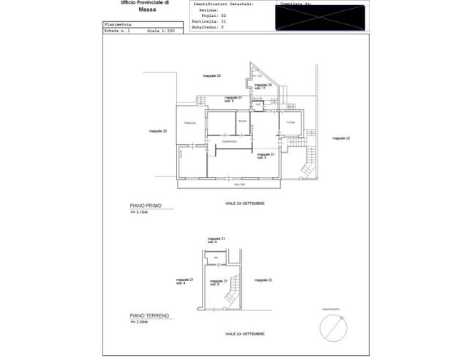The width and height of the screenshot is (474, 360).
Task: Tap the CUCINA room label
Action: pos(290,122)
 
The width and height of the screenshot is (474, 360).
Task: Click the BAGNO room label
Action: pos(241,121)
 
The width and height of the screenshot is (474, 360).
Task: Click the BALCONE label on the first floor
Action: pos(230,184)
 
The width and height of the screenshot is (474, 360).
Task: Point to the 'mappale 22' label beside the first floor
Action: pos(341,138)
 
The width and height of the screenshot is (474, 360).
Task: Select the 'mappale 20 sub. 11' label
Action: pos(263,86)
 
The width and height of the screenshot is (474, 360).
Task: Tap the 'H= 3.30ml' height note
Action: pos(139,322)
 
